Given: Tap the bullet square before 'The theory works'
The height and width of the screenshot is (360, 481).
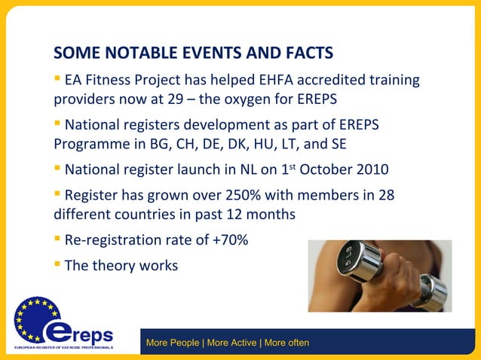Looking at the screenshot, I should coord(57,264).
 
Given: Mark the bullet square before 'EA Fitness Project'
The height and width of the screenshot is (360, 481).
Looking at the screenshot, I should coord(57,78).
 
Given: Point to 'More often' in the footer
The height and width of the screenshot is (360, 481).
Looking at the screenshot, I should coord(286,343).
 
